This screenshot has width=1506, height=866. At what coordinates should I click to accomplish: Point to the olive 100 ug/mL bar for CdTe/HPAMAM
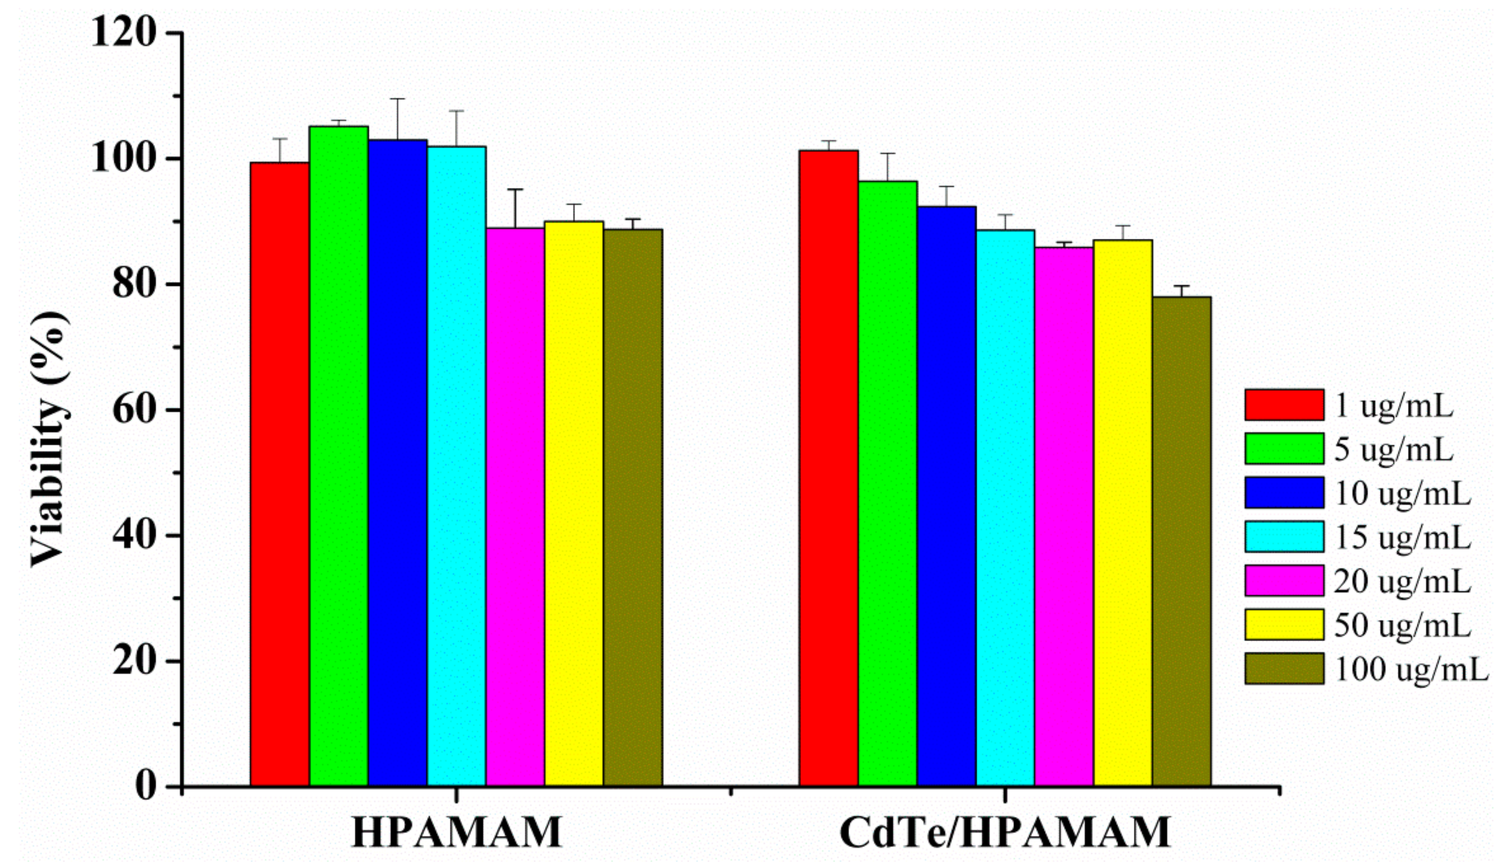point(1182,541)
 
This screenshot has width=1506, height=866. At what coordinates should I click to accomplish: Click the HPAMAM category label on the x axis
point(457,833)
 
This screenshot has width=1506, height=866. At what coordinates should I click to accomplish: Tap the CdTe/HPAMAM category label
point(1005,833)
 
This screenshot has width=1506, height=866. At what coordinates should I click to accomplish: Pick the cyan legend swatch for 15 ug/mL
point(1284,537)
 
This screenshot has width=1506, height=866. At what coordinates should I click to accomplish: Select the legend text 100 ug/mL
point(1411,669)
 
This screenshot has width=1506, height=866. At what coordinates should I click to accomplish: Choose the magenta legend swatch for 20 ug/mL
point(1284,581)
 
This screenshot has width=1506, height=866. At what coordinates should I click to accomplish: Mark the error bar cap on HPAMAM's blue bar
point(397,99)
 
